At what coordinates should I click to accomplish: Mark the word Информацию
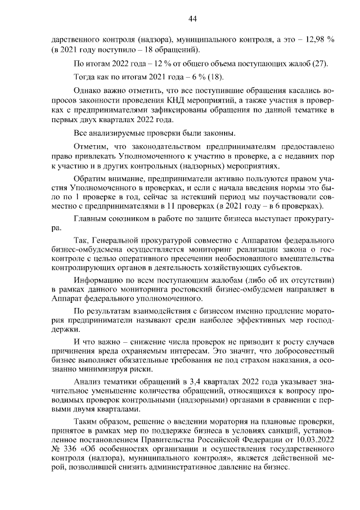[99, 279]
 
